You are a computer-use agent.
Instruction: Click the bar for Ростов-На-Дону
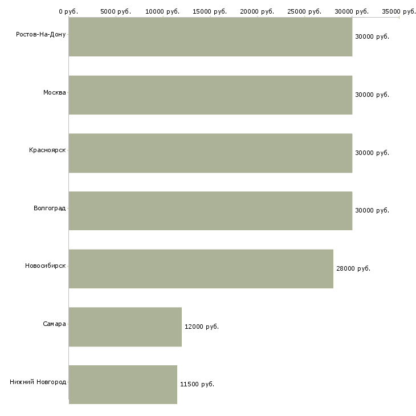click(x=210, y=37)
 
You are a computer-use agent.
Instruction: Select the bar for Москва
click(x=210, y=95)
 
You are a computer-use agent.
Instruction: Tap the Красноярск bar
click(x=210, y=153)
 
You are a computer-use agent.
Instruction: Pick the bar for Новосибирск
click(x=201, y=269)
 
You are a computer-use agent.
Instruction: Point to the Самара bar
click(x=125, y=327)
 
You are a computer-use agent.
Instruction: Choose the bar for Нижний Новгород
click(x=123, y=385)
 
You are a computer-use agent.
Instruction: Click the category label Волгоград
click(x=50, y=208)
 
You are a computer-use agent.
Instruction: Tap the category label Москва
click(x=55, y=92)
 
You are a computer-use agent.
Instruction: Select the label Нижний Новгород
click(x=38, y=382)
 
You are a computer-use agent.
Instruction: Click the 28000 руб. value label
click(x=353, y=268)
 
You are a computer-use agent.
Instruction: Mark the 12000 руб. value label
click(x=202, y=327)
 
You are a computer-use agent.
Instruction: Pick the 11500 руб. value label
click(x=197, y=384)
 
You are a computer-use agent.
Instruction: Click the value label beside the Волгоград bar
click(x=372, y=210)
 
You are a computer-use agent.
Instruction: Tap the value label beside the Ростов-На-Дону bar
click(x=372, y=36)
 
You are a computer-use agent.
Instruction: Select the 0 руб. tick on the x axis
click(x=68, y=11)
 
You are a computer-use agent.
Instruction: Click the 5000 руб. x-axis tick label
click(x=116, y=11)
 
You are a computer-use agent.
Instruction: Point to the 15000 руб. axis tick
click(x=210, y=11)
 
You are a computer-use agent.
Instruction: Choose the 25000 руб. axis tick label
click(x=305, y=11)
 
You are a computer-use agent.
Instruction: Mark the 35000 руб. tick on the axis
click(x=399, y=11)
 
